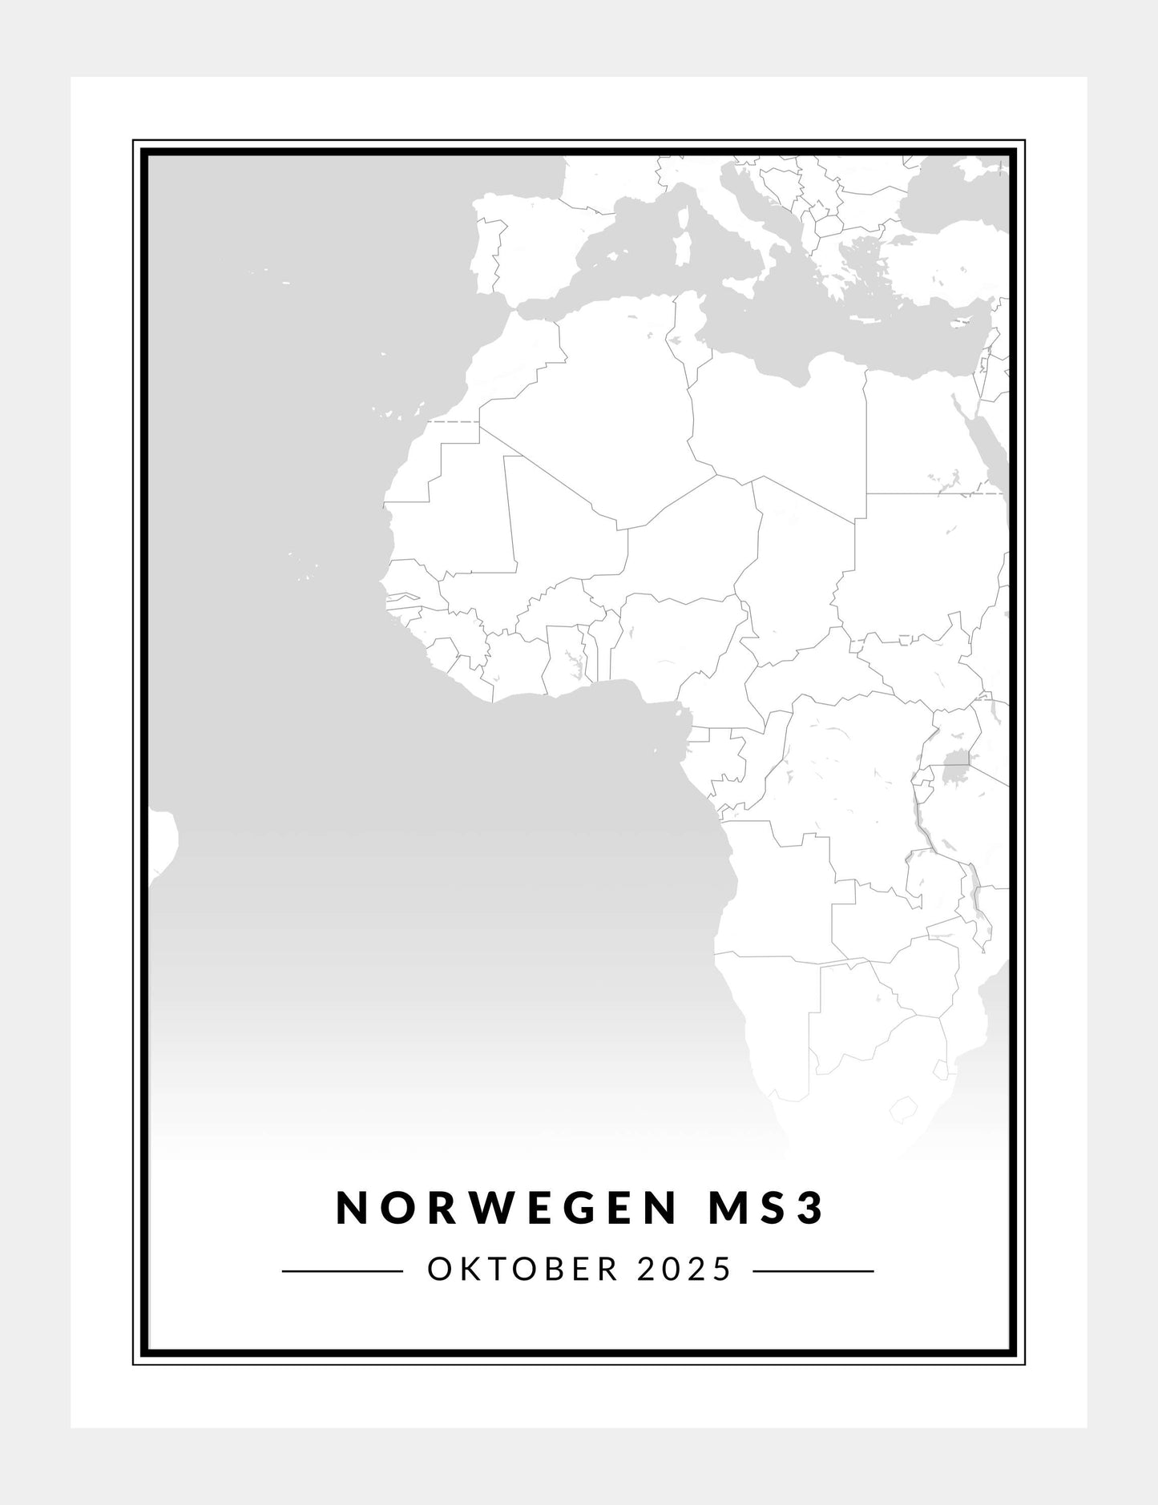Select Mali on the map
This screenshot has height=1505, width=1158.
coord(561,521)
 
